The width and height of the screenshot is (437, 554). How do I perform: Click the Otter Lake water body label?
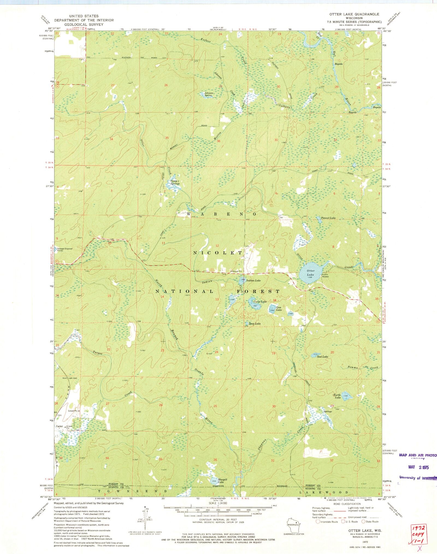(310, 273)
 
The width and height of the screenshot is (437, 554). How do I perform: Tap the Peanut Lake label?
(328, 218)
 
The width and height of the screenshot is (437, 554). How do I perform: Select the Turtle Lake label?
(337, 396)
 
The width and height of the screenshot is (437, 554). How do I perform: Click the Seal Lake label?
(323, 357)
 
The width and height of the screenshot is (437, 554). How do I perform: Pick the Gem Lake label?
(279, 309)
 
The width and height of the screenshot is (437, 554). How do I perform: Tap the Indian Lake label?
(253, 281)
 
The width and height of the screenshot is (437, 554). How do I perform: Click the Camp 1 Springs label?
(175, 182)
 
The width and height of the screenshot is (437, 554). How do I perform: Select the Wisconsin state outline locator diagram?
(294, 526)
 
